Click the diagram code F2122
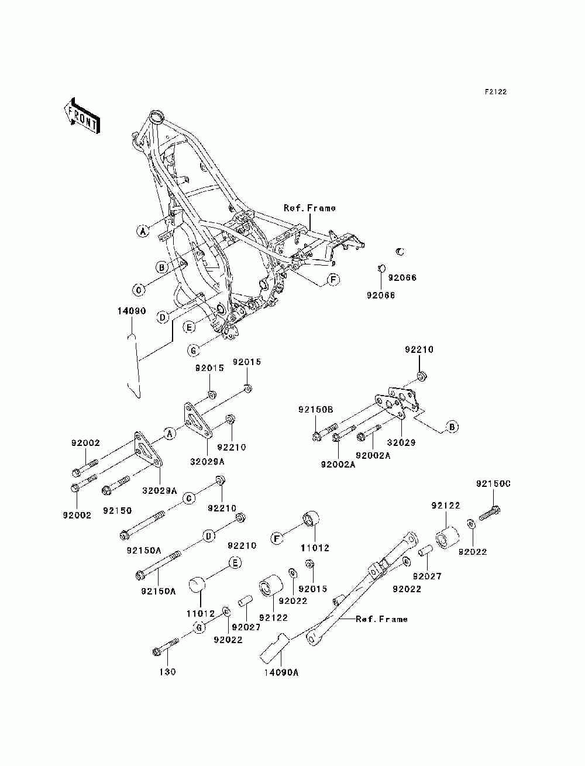tap(495, 92)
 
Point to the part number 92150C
tap(493, 484)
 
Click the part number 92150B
tap(316, 410)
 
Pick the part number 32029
tap(401, 442)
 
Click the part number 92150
tap(117, 510)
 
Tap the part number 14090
tap(131, 311)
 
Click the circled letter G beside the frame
tap(194, 350)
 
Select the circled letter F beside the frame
tap(333, 280)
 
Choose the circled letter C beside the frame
tap(139, 290)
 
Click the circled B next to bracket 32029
tap(452, 427)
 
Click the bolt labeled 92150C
tap(490, 513)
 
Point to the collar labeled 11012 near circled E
tap(197, 585)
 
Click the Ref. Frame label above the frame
tap(309, 208)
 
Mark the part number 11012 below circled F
tap(315, 548)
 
